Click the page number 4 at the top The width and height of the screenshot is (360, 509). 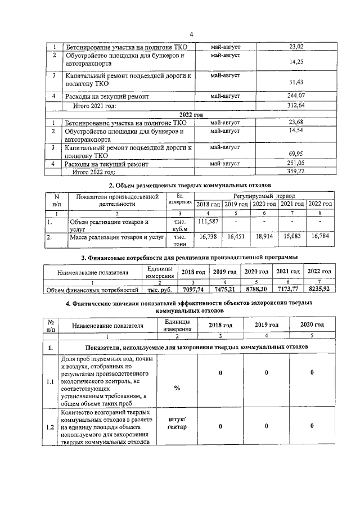[x=191, y=35]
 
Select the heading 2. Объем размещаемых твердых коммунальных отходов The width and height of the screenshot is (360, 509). [x=190, y=184]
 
